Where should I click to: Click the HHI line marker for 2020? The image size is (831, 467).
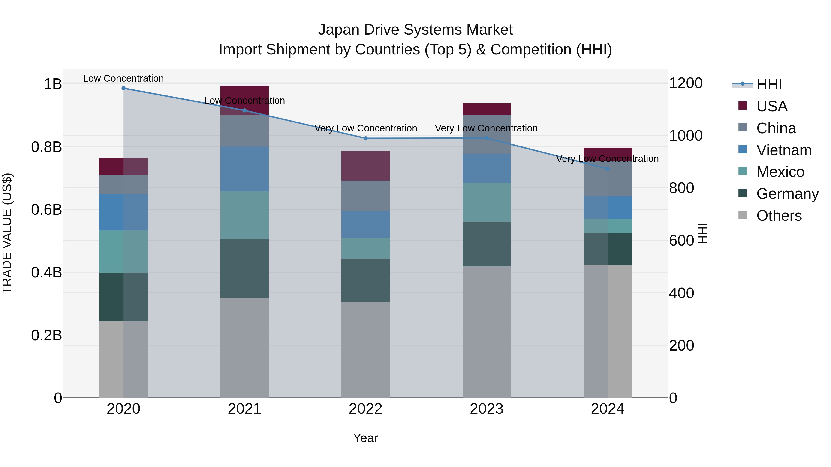pos(123,88)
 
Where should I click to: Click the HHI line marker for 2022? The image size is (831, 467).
pos(365,138)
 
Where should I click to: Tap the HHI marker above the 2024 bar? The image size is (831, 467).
pos(608,169)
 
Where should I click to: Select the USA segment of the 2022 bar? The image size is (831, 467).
pos(365,166)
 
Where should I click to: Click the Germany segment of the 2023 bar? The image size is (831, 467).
pos(486,244)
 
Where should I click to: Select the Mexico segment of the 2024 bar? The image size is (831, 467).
pos(608,226)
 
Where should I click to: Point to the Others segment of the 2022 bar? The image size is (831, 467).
pos(365,349)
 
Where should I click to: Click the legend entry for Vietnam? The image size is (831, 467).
pos(784,150)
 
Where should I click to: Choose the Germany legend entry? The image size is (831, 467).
pos(787,194)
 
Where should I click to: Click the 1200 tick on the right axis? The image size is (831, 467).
pos(686,83)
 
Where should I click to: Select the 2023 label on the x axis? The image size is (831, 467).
pos(486,409)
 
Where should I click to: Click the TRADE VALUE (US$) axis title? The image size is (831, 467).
pos(7,233)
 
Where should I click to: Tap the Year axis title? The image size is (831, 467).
pos(365,438)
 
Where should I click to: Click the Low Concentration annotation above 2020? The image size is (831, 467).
pos(123,78)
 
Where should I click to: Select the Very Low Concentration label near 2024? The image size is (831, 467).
pos(608,159)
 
